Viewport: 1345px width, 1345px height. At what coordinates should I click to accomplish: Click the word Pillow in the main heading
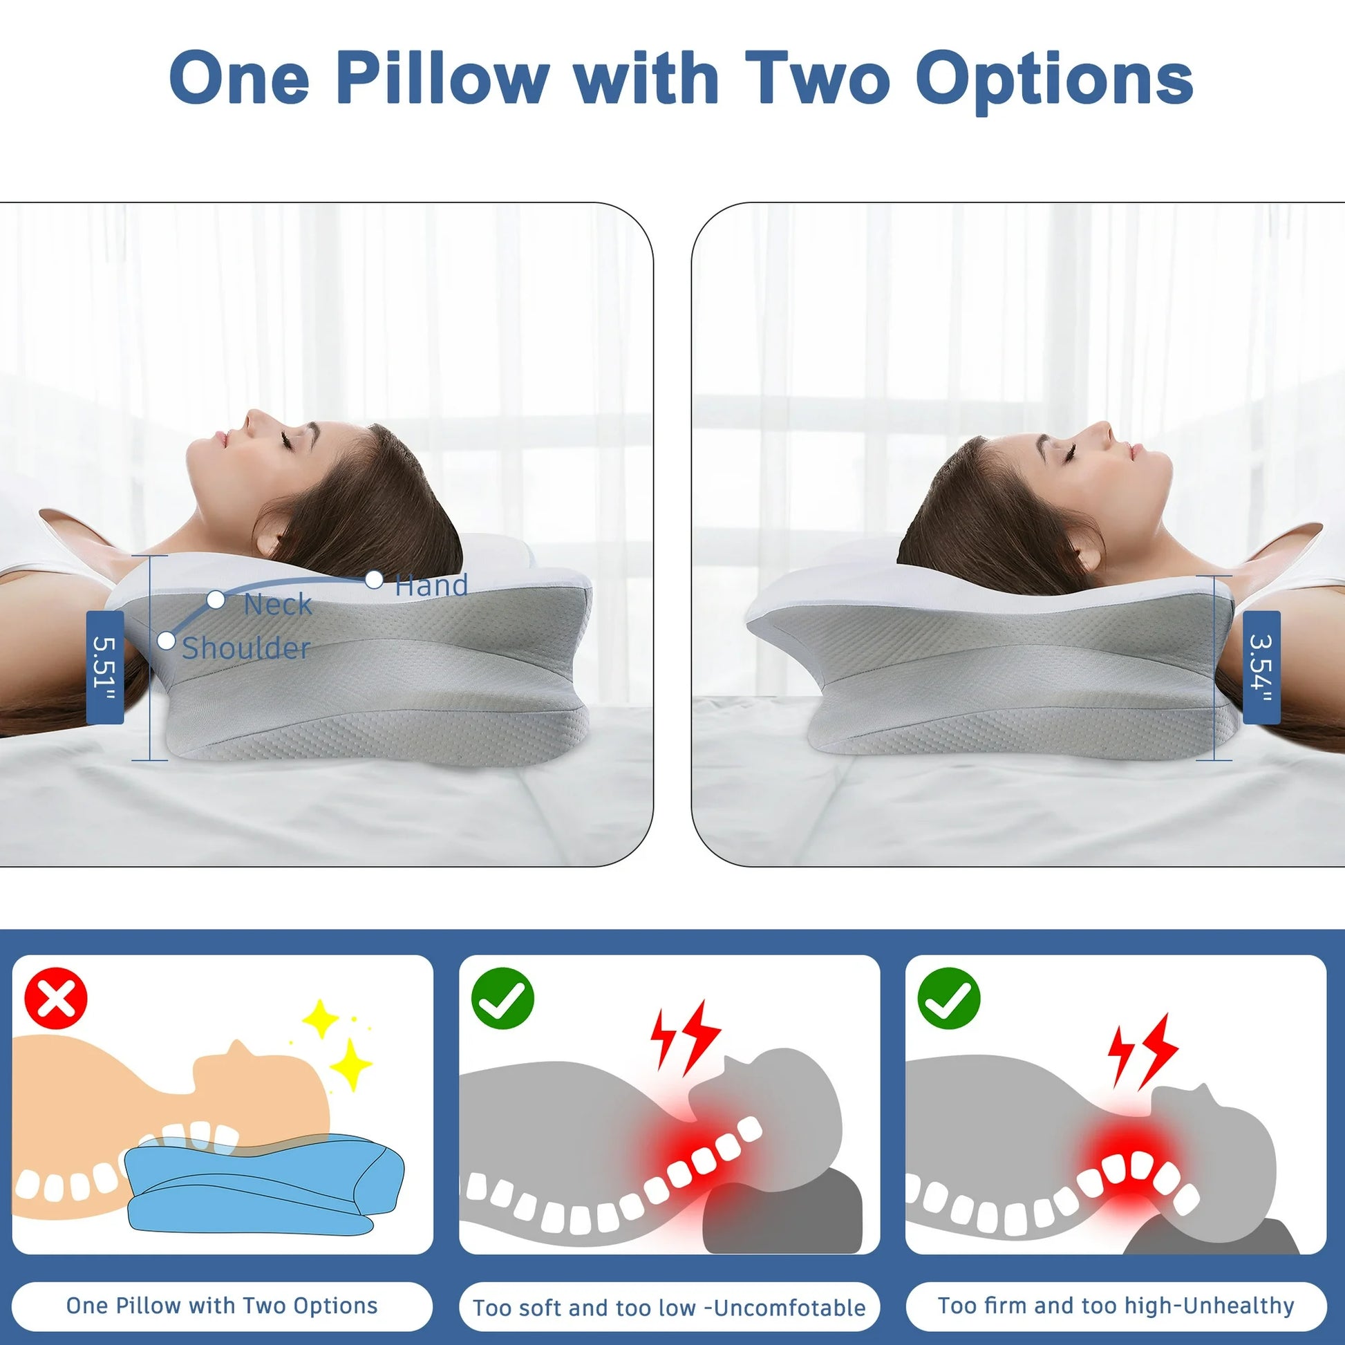click(442, 78)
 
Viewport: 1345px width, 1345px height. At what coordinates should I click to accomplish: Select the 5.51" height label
click(104, 668)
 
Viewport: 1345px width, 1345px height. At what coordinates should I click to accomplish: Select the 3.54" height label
click(1261, 668)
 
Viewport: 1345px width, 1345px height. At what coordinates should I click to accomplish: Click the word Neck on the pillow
click(277, 604)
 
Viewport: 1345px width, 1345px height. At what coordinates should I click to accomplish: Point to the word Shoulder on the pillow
click(246, 648)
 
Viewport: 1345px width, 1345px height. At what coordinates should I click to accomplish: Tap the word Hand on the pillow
click(431, 585)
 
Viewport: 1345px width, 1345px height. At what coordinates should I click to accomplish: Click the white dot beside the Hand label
click(374, 579)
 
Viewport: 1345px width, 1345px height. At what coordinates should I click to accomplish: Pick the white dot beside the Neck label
click(216, 599)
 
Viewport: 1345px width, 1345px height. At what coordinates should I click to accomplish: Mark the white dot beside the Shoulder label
click(167, 641)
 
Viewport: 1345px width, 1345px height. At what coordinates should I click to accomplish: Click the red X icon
click(57, 999)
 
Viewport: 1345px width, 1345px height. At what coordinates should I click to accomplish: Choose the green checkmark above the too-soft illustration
click(502, 999)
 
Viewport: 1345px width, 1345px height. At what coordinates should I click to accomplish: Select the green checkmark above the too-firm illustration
click(949, 999)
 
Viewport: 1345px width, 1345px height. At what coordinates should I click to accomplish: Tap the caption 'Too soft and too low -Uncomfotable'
click(669, 1308)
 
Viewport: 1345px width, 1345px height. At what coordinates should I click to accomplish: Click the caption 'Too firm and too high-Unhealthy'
click(1116, 1306)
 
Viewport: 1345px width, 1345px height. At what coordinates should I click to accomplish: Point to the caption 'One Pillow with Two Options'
click(222, 1306)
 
